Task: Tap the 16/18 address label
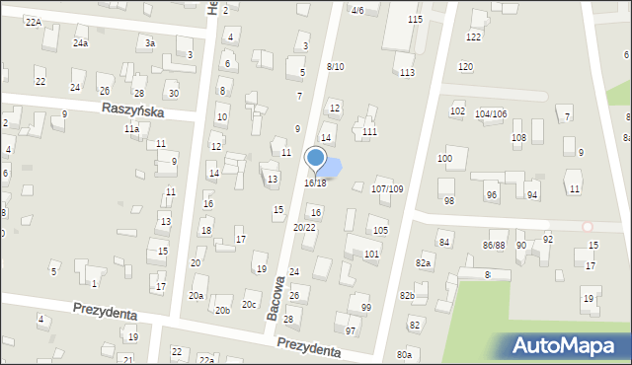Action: coord(315,183)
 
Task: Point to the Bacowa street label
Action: coord(276,298)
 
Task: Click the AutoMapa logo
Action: coord(565,345)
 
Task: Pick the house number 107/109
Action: coord(386,188)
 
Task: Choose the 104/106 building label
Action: coord(491,114)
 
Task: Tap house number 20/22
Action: coord(304,228)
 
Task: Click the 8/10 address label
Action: coord(335,66)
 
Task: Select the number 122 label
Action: coord(474,36)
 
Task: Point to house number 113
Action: coord(406,72)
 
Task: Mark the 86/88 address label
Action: coord(494,244)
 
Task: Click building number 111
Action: coord(369,132)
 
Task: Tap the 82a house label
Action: coord(424,263)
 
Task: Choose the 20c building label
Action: coord(250,305)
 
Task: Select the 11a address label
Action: coord(131,129)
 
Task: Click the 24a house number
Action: coord(80,43)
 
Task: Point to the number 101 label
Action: coord(371,255)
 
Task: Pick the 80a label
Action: coord(404,355)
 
